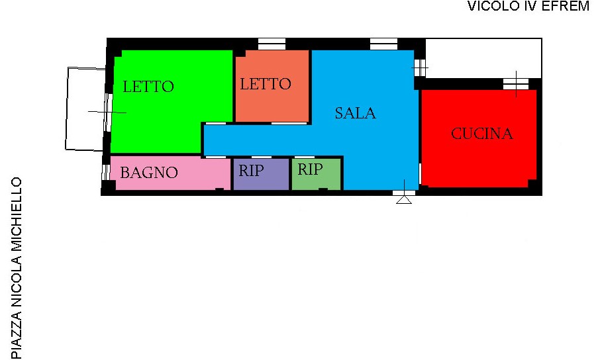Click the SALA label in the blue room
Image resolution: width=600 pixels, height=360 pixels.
click(x=355, y=113)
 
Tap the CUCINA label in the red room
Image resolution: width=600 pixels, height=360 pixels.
click(x=481, y=134)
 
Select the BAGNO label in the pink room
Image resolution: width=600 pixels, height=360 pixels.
click(x=149, y=173)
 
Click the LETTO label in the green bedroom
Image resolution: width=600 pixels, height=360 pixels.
click(x=148, y=87)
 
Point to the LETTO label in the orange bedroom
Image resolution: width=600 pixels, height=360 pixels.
click(x=266, y=84)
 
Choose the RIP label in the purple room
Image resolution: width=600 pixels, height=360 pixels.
click(x=251, y=171)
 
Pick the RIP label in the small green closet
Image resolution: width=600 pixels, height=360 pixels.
click(x=310, y=169)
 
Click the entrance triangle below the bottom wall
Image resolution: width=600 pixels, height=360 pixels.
click(x=404, y=200)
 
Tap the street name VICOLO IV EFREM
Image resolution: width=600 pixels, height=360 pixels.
click(x=528, y=6)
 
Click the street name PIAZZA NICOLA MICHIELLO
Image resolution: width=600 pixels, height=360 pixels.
click(x=16, y=268)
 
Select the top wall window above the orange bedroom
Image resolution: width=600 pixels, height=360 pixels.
click(x=272, y=44)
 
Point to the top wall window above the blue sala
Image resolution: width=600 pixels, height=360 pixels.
click(x=383, y=44)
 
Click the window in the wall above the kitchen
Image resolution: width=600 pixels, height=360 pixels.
click(x=515, y=84)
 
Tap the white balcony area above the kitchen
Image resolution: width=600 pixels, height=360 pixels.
click(x=483, y=58)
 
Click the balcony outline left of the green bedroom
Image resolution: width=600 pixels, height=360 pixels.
click(x=67, y=109)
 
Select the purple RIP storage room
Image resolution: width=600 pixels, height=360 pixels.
click(x=261, y=174)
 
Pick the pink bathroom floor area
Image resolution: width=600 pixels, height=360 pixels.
click(x=171, y=173)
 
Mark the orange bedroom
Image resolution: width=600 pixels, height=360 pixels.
click(x=272, y=86)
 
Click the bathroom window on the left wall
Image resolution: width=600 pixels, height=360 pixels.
click(x=106, y=172)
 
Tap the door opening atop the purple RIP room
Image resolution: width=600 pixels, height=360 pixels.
click(x=262, y=157)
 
